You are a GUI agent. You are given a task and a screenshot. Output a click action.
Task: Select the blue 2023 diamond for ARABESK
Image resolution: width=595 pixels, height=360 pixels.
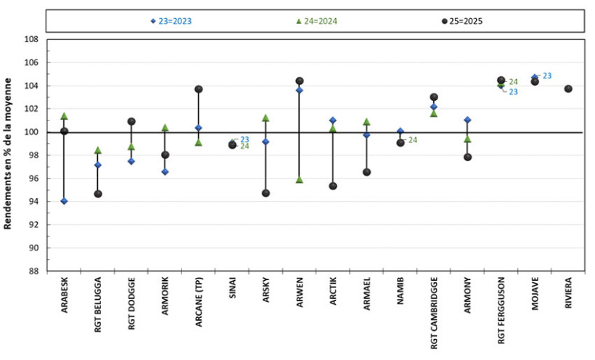(64, 201)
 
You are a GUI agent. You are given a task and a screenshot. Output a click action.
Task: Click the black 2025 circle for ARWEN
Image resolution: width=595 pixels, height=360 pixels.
(300, 81)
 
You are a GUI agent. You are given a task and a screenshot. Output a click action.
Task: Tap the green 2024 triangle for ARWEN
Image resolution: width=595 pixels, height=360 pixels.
(300, 179)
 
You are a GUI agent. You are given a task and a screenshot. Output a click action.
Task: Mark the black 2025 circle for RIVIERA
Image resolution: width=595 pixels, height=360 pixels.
(568, 89)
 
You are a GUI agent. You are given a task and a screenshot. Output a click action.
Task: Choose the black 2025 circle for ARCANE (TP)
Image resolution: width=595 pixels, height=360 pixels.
(199, 89)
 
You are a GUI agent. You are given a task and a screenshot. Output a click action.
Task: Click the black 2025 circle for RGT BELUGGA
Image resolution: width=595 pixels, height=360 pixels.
(98, 194)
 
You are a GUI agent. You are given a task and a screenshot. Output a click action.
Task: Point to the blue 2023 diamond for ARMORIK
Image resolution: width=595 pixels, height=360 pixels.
(165, 172)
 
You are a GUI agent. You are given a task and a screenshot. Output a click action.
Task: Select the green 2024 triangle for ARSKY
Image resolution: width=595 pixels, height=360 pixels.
(266, 118)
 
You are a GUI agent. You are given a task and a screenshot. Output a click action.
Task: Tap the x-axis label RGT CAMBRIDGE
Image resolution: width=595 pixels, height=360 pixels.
(434, 313)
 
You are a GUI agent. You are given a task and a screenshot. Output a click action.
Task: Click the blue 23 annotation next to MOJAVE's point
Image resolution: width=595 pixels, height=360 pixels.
(547, 75)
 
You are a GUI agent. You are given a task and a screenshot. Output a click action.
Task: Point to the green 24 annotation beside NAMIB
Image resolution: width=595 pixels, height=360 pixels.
(413, 140)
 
